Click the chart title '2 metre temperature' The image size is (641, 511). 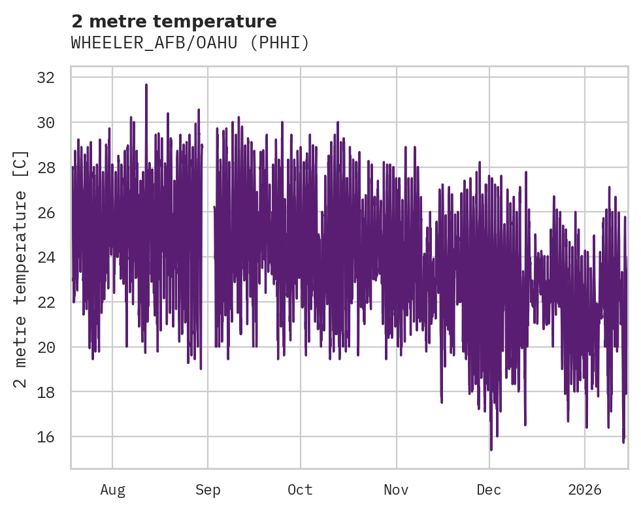tap(174, 21)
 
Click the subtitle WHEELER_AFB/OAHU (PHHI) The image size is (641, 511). tap(189, 43)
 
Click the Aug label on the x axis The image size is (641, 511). tap(112, 489)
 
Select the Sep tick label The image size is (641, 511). tap(208, 489)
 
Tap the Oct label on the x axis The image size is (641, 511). tap(301, 489)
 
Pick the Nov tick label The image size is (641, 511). tap(397, 489)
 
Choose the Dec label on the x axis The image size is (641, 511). tap(489, 489)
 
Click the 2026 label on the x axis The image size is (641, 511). tap(584, 489)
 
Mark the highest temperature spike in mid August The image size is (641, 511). tap(146, 85)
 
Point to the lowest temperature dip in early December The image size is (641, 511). tap(491, 449)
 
